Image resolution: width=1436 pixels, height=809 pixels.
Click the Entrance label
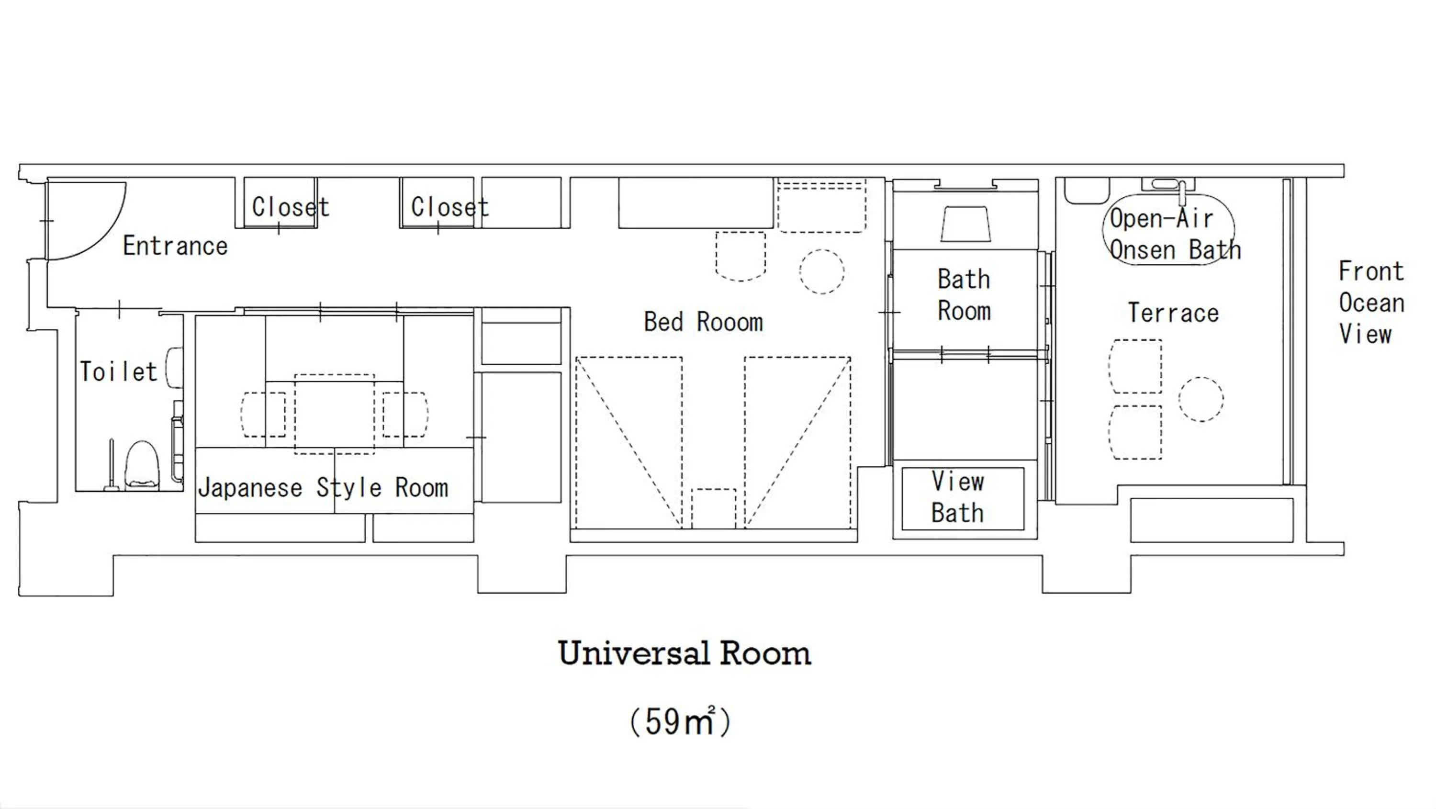coord(175,247)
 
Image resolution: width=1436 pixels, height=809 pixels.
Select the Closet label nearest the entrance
coord(291,207)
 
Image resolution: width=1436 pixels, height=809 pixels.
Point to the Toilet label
coord(118,372)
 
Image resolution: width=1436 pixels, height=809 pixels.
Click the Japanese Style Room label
coord(323,488)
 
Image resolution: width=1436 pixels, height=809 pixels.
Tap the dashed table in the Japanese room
coord(334,414)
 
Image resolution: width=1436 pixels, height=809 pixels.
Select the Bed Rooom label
coord(703,322)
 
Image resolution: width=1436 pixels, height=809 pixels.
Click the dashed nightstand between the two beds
coord(713,508)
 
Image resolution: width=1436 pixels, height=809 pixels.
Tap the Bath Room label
coord(964,295)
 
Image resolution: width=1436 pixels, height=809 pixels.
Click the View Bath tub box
coord(963,498)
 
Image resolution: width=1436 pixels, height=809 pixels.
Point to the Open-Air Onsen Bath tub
coord(1168,230)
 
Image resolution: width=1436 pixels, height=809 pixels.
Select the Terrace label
coord(1173,313)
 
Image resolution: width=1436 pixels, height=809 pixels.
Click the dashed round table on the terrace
coord(1201,399)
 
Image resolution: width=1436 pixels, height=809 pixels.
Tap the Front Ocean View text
coord(1371,303)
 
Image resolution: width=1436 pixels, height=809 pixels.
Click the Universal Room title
coord(684,653)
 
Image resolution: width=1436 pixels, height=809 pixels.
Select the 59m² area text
coord(680,722)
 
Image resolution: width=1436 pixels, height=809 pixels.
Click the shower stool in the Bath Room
coord(965,224)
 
